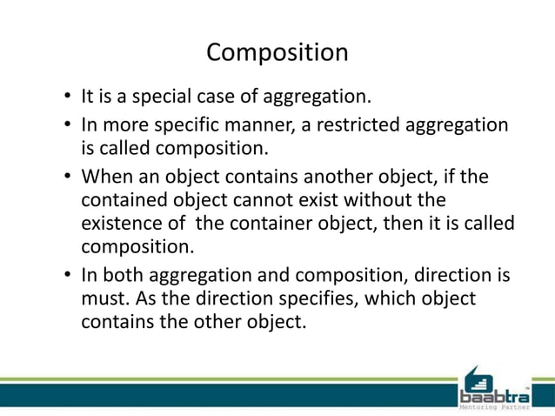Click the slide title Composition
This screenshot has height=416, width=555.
click(x=277, y=53)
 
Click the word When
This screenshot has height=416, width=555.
click(x=105, y=178)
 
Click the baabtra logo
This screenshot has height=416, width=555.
click(x=493, y=386)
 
